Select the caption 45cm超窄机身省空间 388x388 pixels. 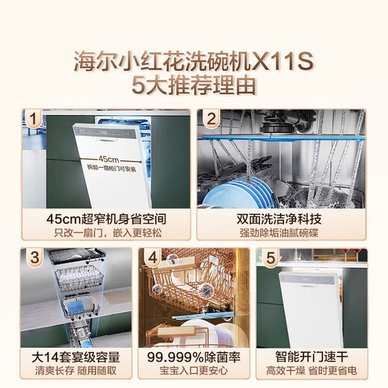click(x=104, y=218)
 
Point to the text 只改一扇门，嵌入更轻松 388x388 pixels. click(x=104, y=233)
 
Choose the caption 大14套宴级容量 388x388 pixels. click(x=75, y=356)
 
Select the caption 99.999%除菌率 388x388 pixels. click(x=194, y=356)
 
